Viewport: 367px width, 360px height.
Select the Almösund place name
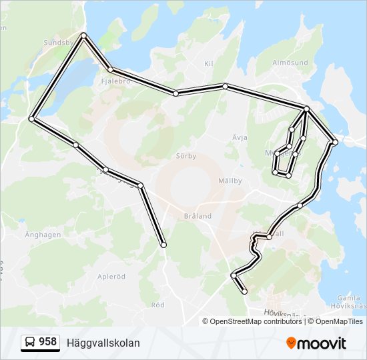(x=290, y=63)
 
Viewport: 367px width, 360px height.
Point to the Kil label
(x=209, y=64)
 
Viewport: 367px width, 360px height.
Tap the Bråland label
(x=198, y=216)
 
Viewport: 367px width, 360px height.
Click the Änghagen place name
(x=43, y=235)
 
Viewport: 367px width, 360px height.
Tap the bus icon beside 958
(x=31, y=343)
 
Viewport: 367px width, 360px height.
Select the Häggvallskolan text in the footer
(x=103, y=343)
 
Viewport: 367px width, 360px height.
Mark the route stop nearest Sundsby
(x=83, y=35)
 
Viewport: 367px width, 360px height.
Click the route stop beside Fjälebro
(x=111, y=69)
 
